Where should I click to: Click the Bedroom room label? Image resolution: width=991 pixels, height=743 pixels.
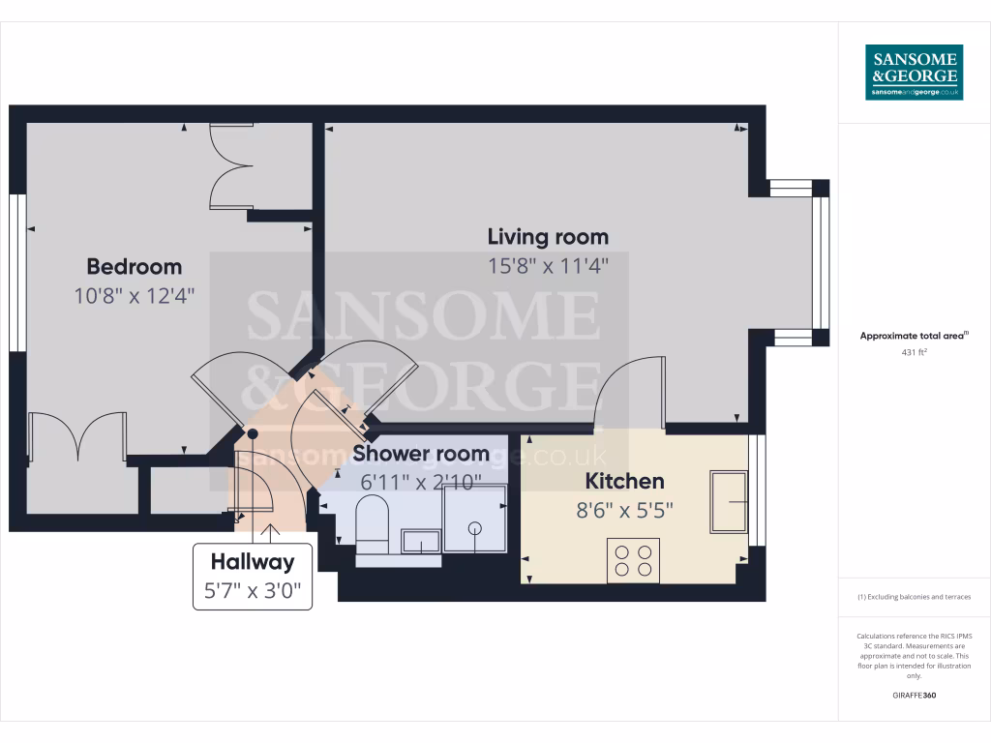pyautogui.click(x=135, y=267)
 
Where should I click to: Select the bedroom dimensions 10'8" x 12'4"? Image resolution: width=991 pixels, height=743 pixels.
pyautogui.click(x=135, y=296)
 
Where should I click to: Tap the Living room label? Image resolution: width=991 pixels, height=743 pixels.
pyautogui.click(x=548, y=237)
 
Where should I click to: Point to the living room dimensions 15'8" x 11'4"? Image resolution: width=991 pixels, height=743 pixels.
pyautogui.click(x=548, y=266)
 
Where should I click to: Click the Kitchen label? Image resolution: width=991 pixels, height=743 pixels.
pyautogui.click(x=624, y=481)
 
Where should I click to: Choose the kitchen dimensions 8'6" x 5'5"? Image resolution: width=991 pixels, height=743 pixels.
pyautogui.click(x=624, y=510)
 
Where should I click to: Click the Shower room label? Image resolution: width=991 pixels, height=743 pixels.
pyautogui.click(x=421, y=453)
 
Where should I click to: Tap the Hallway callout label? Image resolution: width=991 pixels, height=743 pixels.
pyautogui.click(x=253, y=561)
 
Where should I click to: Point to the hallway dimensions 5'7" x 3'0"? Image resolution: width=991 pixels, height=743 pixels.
pyautogui.click(x=253, y=590)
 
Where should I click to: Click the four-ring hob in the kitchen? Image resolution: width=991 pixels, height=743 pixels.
pyautogui.click(x=633, y=560)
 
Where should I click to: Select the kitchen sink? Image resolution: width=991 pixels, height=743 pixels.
pyautogui.click(x=729, y=501)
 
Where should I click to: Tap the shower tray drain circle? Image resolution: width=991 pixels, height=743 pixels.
pyautogui.click(x=475, y=527)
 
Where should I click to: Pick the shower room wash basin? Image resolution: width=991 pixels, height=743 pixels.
pyautogui.click(x=419, y=540)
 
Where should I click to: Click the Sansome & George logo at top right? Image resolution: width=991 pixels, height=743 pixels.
pyautogui.click(x=914, y=72)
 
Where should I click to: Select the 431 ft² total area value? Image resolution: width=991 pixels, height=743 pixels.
pyautogui.click(x=914, y=353)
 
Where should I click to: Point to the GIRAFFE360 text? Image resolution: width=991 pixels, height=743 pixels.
pyautogui.click(x=914, y=696)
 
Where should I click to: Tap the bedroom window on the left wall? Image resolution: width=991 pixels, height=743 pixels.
pyautogui.click(x=16, y=273)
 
